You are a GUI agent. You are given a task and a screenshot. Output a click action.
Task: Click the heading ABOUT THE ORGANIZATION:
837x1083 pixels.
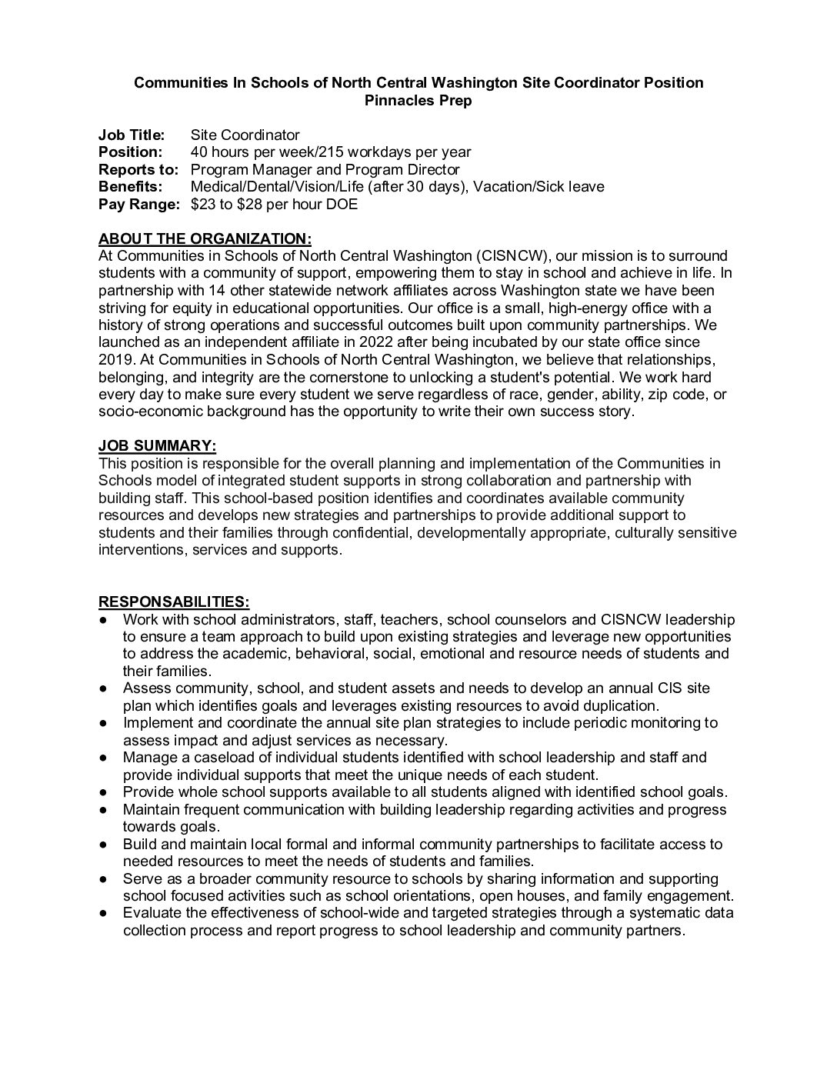pos(205,238)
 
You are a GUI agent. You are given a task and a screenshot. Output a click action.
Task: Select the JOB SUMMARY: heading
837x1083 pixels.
pos(157,446)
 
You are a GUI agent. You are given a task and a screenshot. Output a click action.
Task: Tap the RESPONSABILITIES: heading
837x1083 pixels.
pos(174,602)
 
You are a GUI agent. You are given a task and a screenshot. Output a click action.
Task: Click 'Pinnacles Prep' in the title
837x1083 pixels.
pos(418,101)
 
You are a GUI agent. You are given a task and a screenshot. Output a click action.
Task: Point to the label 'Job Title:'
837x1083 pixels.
pos(132,135)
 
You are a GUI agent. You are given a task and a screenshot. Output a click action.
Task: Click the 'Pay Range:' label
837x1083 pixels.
pos(139,205)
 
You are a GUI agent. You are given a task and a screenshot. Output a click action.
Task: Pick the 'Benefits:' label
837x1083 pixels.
pos(130,187)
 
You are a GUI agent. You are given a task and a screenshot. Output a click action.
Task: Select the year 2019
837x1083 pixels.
pos(115,360)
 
